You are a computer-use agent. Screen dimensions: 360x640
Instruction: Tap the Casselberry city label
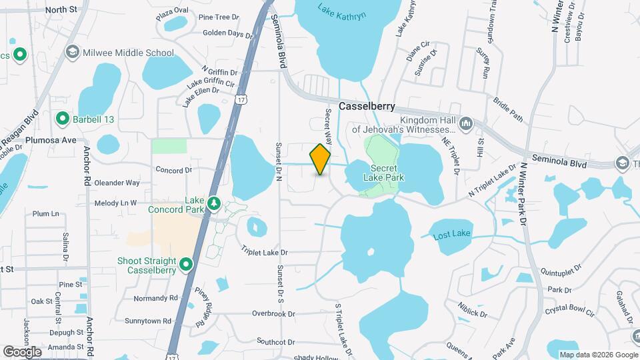pos(367,106)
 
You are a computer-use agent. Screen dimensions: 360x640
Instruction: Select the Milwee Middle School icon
pos(72,52)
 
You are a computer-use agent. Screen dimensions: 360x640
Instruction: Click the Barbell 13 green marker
pos(63,119)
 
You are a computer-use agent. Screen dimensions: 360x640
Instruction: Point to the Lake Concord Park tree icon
pos(213,201)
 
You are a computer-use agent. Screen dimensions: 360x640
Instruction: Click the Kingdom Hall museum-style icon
pos(466,123)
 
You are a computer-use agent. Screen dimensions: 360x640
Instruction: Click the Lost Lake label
pos(452,235)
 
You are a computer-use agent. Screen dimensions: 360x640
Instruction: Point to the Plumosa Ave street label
pos(51,141)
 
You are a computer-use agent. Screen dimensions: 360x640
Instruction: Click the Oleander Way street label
pos(117,182)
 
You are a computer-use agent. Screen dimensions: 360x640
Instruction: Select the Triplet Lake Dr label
pos(265,251)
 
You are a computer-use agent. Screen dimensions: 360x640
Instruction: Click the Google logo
pos(22,351)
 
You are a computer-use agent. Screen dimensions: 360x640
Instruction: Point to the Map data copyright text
pos(598,355)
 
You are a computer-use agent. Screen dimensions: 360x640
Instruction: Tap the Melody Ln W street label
pos(115,203)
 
